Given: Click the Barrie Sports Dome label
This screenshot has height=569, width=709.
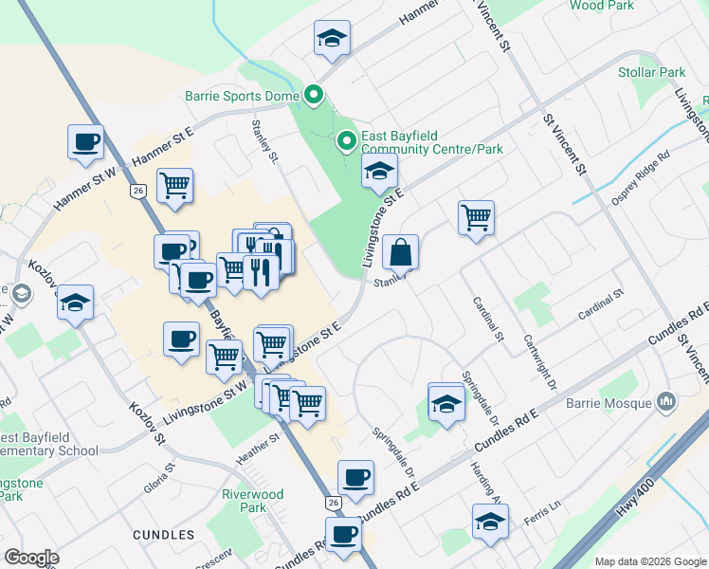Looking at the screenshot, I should [x=241, y=96].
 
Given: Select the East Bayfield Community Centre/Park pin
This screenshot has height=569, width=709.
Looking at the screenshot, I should [x=347, y=141].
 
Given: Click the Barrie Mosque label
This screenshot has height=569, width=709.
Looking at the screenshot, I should [x=609, y=403].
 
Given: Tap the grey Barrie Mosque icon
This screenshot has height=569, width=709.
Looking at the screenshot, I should [x=667, y=402].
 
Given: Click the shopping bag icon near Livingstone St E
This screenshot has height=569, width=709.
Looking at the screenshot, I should [x=402, y=252].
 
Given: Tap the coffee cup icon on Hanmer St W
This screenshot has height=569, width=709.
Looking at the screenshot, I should [x=85, y=142].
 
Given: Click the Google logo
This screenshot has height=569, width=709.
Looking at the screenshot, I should [x=31, y=558].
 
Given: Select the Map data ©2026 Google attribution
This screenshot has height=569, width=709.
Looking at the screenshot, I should [x=649, y=561].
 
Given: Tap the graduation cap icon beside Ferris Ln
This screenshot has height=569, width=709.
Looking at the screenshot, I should [x=489, y=522].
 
